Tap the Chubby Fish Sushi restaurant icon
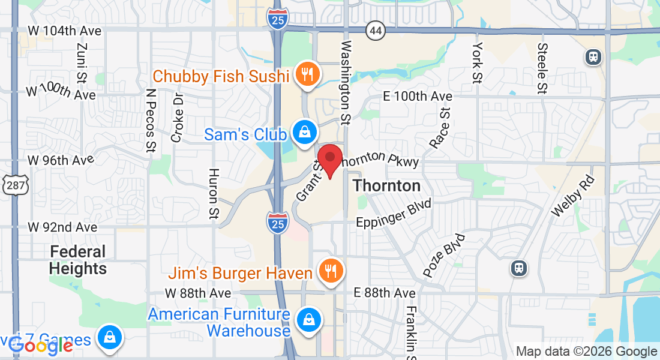click(307, 75)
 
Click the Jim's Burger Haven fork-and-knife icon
click(329, 271)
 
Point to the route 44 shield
click(376, 31)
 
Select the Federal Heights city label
click(78, 260)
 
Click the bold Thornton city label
click(386, 185)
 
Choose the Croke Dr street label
click(178, 117)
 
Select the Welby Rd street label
click(572, 196)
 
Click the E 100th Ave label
click(418, 97)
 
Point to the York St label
click(478, 62)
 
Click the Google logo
click(41, 345)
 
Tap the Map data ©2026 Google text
click(586, 352)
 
